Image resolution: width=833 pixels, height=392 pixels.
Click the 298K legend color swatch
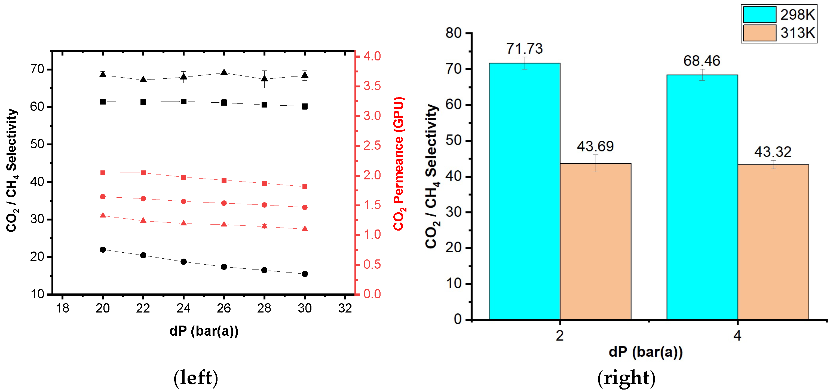click(759, 14)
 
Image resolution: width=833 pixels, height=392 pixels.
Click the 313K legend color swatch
click(759, 33)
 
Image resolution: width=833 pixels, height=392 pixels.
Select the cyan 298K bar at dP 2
click(524, 191)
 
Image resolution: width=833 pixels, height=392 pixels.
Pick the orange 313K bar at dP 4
click(773, 242)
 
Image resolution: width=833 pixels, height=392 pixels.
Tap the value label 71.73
click(524, 48)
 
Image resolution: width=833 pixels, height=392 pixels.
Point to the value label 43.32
click(773, 152)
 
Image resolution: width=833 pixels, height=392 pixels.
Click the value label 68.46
click(702, 61)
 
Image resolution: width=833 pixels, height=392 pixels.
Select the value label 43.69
click(595, 146)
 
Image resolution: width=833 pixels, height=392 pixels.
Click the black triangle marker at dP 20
click(103, 75)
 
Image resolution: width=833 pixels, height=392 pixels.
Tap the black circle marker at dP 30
click(305, 274)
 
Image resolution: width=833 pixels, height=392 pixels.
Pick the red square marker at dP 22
click(143, 173)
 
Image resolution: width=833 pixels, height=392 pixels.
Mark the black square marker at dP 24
click(184, 102)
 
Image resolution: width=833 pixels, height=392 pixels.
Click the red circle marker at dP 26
click(224, 203)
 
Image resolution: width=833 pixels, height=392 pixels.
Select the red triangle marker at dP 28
click(264, 226)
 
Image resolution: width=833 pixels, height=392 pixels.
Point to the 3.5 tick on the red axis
click(372, 86)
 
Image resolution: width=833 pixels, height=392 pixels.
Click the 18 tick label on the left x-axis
click(62, 308)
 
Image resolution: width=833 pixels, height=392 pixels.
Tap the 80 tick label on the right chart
click(453, 33)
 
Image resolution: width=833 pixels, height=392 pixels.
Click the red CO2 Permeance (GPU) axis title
click(399, 164)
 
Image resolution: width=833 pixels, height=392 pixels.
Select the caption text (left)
click(196, 378)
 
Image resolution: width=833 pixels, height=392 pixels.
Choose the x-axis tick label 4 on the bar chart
click(737, 336)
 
